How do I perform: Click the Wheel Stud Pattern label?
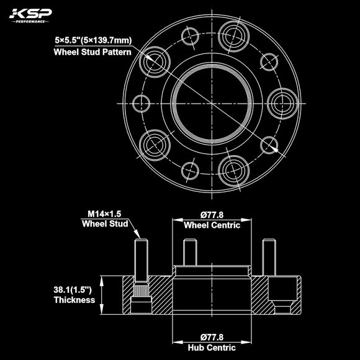pyautogui.click(x=92, y=52)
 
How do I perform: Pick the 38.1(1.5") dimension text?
pyautogui.click(x=73, y=289)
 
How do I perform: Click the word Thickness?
pyautogui.click(x=73, y=300)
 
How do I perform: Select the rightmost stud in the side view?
pyautogui.click(x=268, y=256)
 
